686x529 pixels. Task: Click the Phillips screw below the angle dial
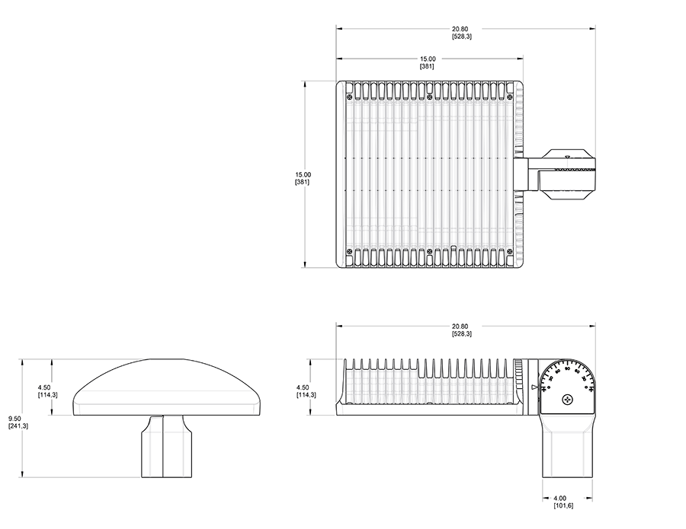pos(567,400)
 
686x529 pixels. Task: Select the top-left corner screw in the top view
pos(349,97)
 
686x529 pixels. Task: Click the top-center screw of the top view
pos(430,97)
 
